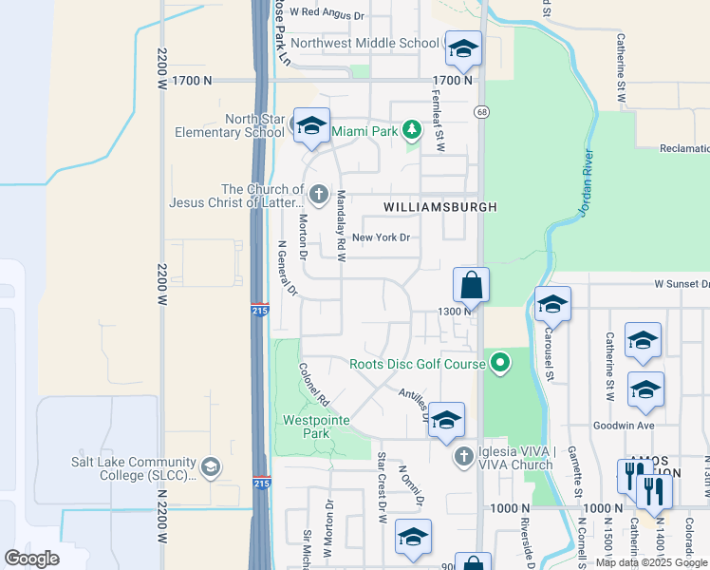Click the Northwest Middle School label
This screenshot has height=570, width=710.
coord(364,43)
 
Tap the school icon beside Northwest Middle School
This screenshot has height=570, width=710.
coord(463,48)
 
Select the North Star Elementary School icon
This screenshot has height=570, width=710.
coord(311,127)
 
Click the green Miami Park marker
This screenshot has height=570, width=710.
coord(411,130)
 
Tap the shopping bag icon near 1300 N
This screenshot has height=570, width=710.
coord(472,284)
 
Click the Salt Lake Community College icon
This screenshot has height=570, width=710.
coord(210,466)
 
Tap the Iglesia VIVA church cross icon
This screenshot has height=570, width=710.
coord(463,457)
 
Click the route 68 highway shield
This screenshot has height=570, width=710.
coord(482,112)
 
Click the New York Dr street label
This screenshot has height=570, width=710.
coord(381,237)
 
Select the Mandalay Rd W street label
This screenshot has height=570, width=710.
coord(340,224)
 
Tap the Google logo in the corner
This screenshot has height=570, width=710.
coord(31,559)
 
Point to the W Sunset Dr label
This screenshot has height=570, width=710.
coord(681,284)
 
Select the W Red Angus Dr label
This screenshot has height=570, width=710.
coord(327,14)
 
